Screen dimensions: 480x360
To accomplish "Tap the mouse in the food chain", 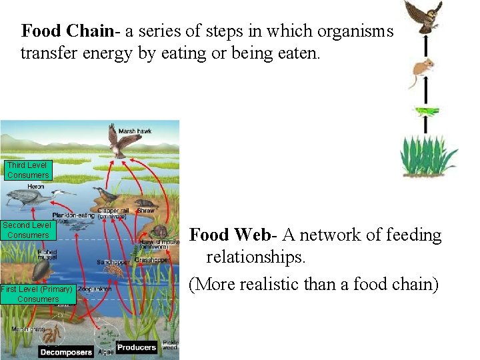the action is pyautogui.click(x=422, y=69).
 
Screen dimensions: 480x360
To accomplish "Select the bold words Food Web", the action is pyautogui.click(x=229, y=235).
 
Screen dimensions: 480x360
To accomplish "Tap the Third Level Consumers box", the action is pyautogui.click(x=27, y=170).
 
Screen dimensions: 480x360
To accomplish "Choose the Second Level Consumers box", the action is pyautogui.click(x=27, y=230).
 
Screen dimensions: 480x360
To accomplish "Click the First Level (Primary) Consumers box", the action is pyautogui.click(x=37, y=294).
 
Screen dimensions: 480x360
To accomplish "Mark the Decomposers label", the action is pyautogui.click(x=65, y=351).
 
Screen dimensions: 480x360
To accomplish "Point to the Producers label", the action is pyautogui.click(x=137, y=347).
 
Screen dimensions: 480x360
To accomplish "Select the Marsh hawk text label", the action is pyautogui.click(x=135, y=131).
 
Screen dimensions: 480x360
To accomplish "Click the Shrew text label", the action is pyautogui.click(x=145, y=211).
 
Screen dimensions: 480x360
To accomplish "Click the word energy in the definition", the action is pyautogui.click(x=97, y=53).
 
